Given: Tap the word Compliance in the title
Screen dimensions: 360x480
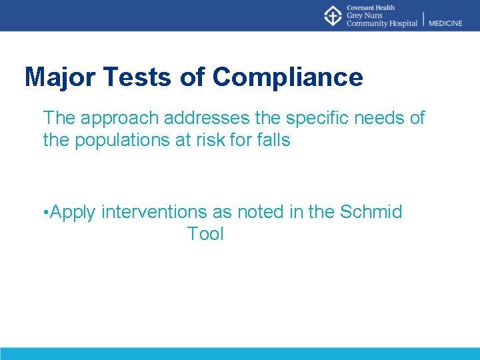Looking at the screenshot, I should click(288, 77).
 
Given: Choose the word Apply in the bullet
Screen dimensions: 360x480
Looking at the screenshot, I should click(73, 213).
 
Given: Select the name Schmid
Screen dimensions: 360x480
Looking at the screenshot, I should click(371, 212).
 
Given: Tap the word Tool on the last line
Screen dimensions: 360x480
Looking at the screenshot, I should click(205, 234).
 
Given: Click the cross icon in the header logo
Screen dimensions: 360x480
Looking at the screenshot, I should click(333, 15).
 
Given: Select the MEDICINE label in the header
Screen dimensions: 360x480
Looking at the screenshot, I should click(445, 23).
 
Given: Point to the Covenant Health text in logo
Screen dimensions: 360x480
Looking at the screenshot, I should click(371, 7).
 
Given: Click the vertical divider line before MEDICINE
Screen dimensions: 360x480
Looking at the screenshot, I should click(423, 19).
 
